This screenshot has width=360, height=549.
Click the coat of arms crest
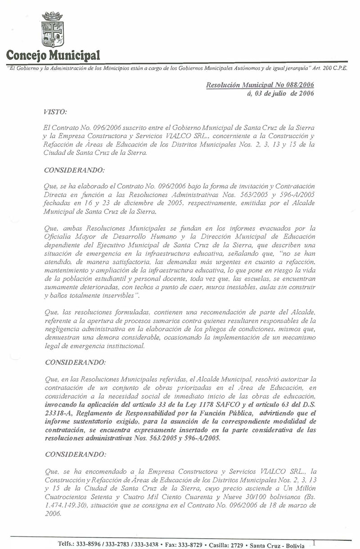coord(52,30)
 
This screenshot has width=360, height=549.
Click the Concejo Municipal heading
coord(53,56)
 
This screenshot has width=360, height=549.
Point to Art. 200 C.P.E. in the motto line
coord(329,68)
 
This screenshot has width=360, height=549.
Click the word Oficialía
coord(60,237)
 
